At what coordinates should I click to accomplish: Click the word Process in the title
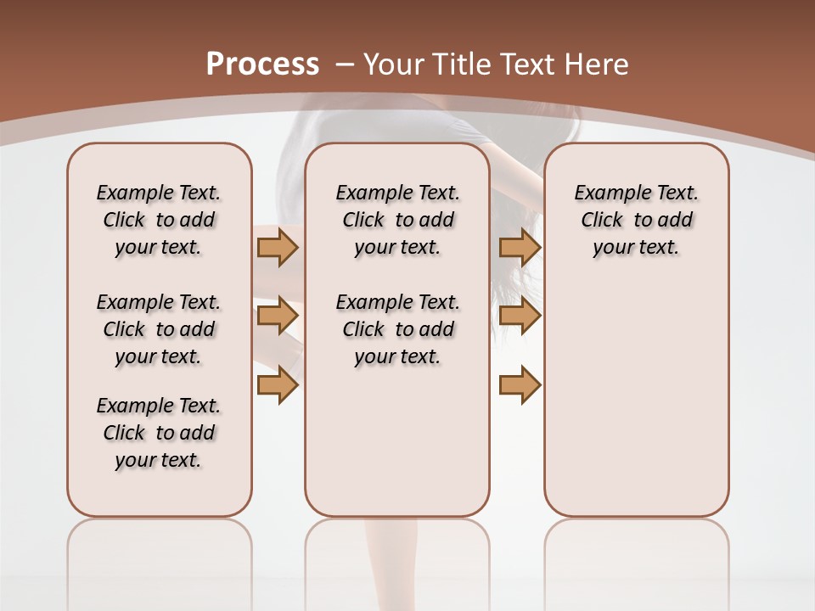coord(262,64)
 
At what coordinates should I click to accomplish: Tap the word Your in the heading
coord(395,64)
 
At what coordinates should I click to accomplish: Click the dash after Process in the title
coord(345,65)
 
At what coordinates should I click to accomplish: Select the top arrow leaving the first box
coord(277,247)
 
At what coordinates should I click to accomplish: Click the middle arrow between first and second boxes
coord(277,317)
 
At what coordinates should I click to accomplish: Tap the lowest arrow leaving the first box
coord(277,384)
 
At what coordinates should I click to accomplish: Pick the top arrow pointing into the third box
coord(520,247)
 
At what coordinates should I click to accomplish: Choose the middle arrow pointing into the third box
coord(520,317)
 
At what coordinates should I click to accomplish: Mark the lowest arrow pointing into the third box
coord(520,384)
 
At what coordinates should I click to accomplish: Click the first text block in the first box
coord(159,220)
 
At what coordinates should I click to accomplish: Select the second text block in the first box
coord(159,329)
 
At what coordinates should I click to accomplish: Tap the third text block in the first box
coord(159,433)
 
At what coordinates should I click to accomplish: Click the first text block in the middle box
coord(397,220)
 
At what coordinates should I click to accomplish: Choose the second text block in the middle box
coord(397,329)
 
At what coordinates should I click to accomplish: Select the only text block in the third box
coord(636,220)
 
